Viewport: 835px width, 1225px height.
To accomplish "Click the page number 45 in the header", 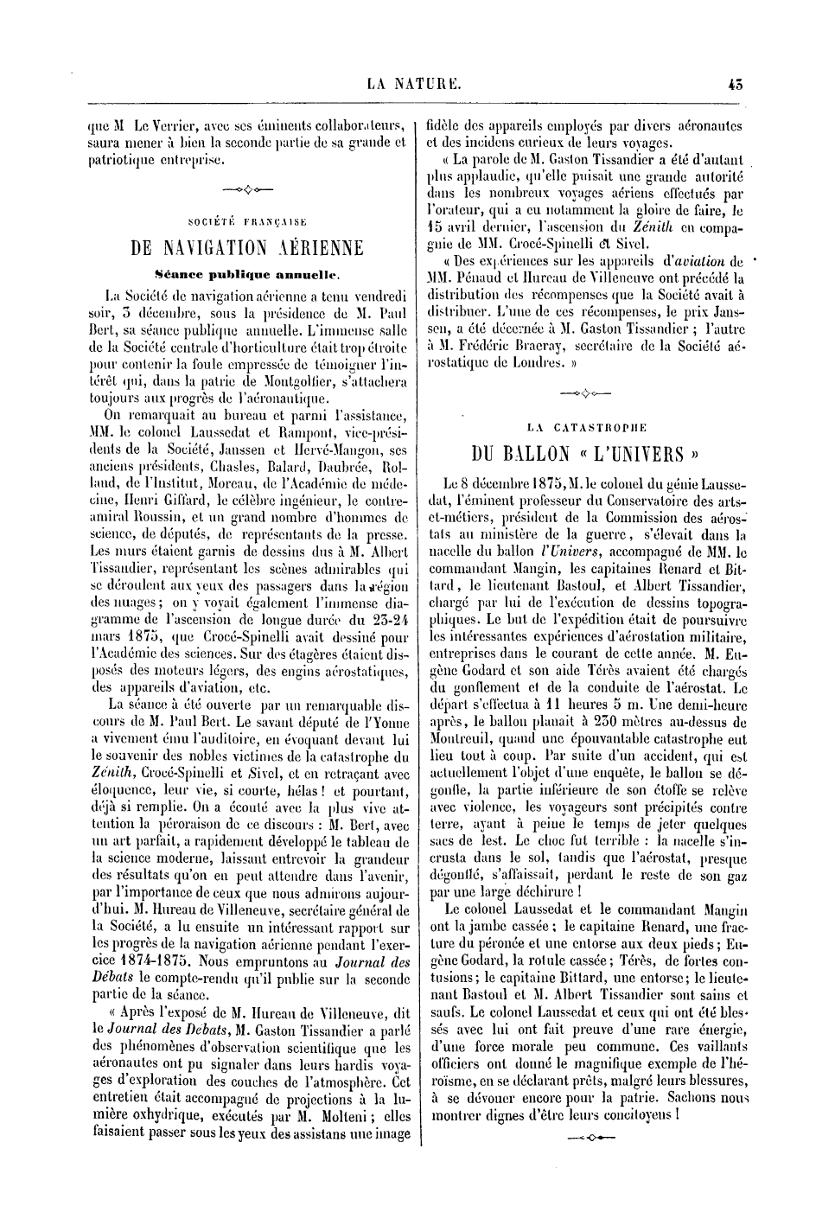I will pyautogui.click(x=736, y=85).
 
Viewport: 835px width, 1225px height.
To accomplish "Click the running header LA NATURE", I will pyautogui.click(x=415, y=85).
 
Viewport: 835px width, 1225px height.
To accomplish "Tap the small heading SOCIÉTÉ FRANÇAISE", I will pyautogui.click(x=245, y=220).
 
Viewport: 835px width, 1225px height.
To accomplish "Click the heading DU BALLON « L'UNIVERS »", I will pyautogui.click(x=585, y=454).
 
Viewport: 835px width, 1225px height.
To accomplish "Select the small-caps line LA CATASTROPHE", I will pyautogui.click(x=586, y=426).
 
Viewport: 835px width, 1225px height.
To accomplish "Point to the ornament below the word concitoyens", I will pyautogui.click(x=585, y=1138).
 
